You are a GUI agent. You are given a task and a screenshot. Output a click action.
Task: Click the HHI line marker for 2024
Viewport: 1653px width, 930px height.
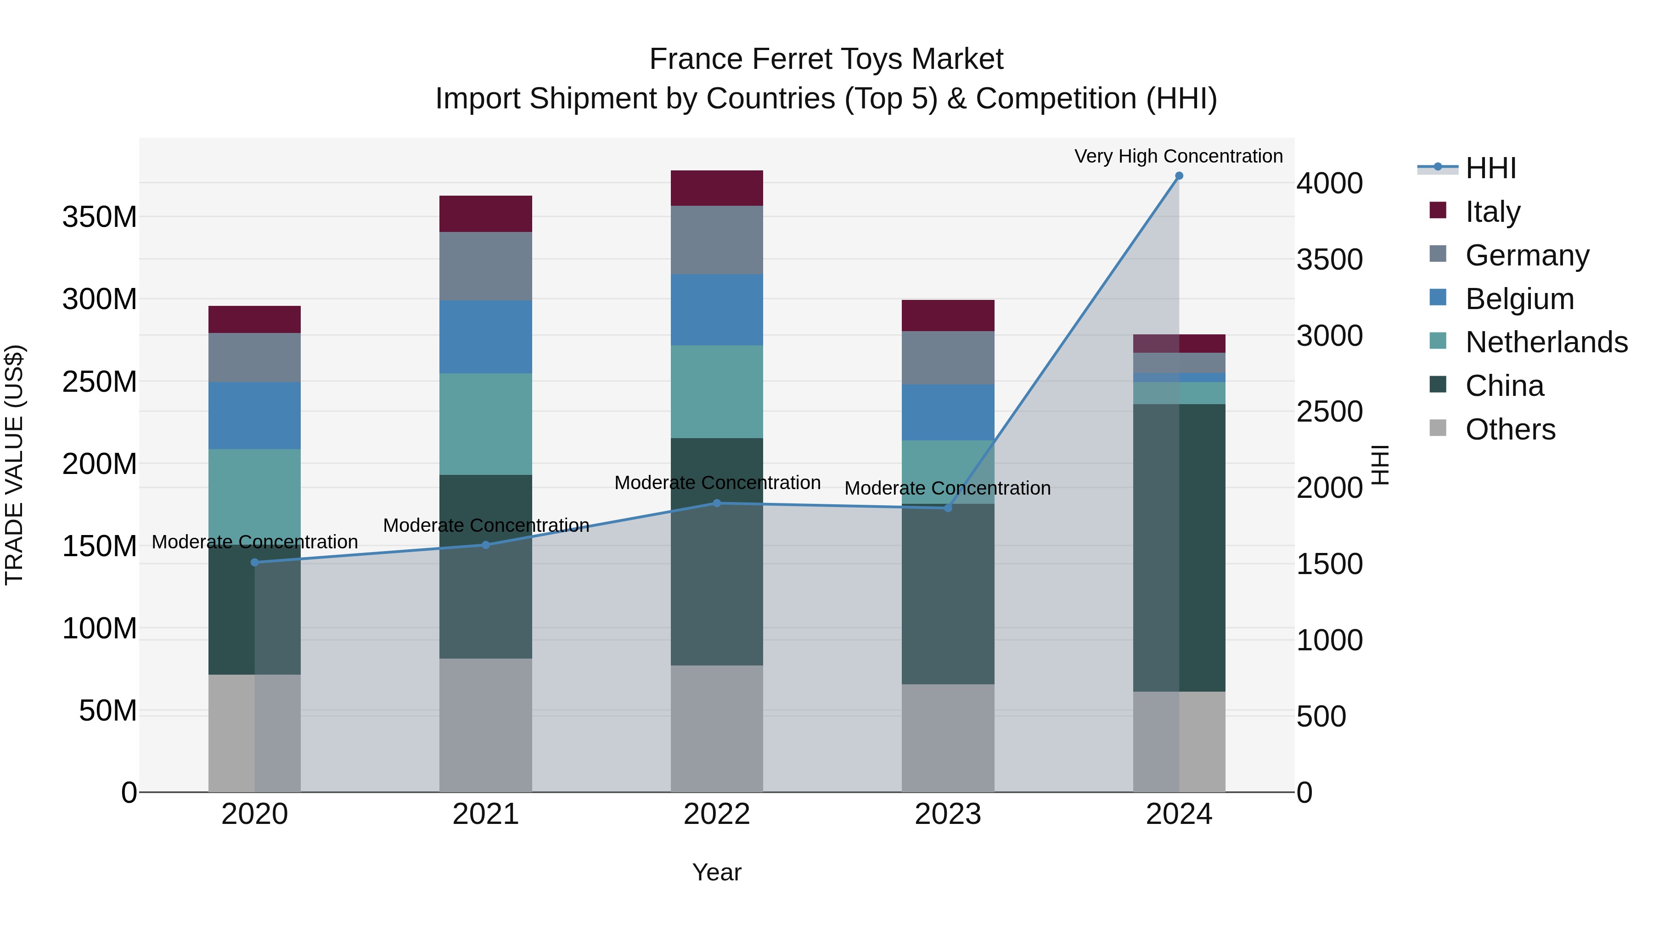pyautogui.click(x=1179, y=176)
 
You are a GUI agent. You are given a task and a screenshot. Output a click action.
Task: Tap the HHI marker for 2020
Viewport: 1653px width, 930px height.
pyautogui.click(x=255, y=562)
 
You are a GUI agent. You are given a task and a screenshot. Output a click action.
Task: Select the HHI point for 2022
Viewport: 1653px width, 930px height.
pyautogui.click(x=717, y=503)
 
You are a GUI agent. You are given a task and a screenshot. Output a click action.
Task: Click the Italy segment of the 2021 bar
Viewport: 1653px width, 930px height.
pyautogui.click(x=486, y=214)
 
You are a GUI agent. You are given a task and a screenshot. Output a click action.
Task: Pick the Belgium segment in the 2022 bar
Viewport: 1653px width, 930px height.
pyautogui.click(x=717, y=310)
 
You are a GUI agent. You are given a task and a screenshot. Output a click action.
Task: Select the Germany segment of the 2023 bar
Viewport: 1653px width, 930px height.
pyautogui.click(x=948, y=357)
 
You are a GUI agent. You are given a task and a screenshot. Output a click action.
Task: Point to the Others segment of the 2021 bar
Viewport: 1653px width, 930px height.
pyautogui.click(x=486, y=725)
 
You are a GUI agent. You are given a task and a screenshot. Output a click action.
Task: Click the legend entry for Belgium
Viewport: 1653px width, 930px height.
pyautogui.click(x=1519, y=299)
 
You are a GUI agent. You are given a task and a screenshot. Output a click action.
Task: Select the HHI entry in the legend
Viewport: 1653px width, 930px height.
pyautogui.click(x=1490, y=168)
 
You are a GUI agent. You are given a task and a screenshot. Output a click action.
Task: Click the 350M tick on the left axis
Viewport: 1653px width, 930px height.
pyautogui.click(x=100, y=218)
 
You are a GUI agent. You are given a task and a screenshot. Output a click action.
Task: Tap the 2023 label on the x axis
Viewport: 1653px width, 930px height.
pyautogui.click(x=948, y=814)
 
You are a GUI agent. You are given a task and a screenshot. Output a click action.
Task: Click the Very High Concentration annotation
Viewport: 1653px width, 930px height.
pyautogui.click(x=1178, y=156)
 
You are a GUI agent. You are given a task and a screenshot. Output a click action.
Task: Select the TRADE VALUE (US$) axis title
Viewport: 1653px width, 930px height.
pyautogui.click(x=14, y=465)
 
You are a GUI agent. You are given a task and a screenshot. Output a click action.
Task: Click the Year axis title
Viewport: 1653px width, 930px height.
pyautogui.click(x=717, y=872)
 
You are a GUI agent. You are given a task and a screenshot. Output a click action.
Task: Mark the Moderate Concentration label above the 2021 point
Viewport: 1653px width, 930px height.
pyautogui.click(x=486, y=525)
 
